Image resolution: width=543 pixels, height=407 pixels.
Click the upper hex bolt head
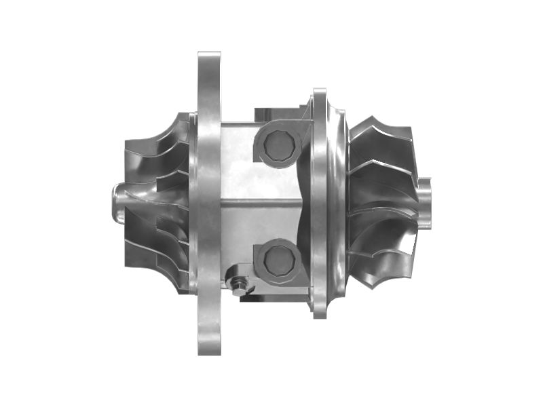pos(278,145)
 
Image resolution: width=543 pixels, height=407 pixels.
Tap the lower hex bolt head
pos(278,260)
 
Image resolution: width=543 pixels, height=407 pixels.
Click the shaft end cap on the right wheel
pos(425,202)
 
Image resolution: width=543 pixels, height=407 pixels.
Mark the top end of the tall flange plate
pos(209,58)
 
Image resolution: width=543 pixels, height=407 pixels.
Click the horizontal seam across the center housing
pos(258,201)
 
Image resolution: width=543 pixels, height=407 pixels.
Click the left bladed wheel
pos(156,203)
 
